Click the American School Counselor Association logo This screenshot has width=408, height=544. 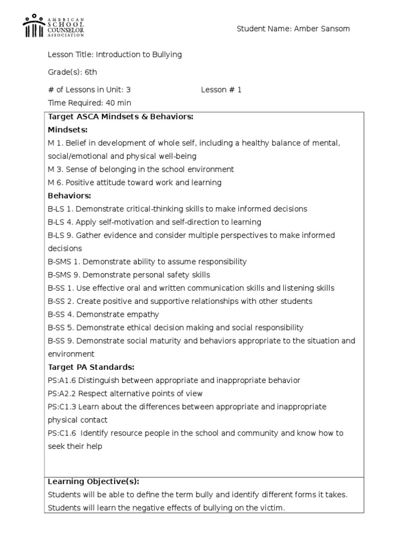(x=53, y=27)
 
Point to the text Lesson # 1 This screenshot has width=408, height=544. (x=221, y=90)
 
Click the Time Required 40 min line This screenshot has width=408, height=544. (x=89, y=103)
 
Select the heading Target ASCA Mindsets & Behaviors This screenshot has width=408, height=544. (x=121, y=117)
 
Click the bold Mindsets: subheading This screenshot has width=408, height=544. (x=68, y=130)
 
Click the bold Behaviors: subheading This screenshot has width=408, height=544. (x=70, y=196)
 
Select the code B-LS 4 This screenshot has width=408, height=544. (x=59, y=222)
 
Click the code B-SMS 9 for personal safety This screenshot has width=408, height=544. (x=63, y=275)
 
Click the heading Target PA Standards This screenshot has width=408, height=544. (x=91, y=367)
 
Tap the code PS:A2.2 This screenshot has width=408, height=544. (x=62, y=394)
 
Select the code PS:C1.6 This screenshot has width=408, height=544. (x=62, y=433)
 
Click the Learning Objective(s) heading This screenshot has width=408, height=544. (x=93, y=481)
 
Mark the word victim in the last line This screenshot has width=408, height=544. (x=272, y=508)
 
